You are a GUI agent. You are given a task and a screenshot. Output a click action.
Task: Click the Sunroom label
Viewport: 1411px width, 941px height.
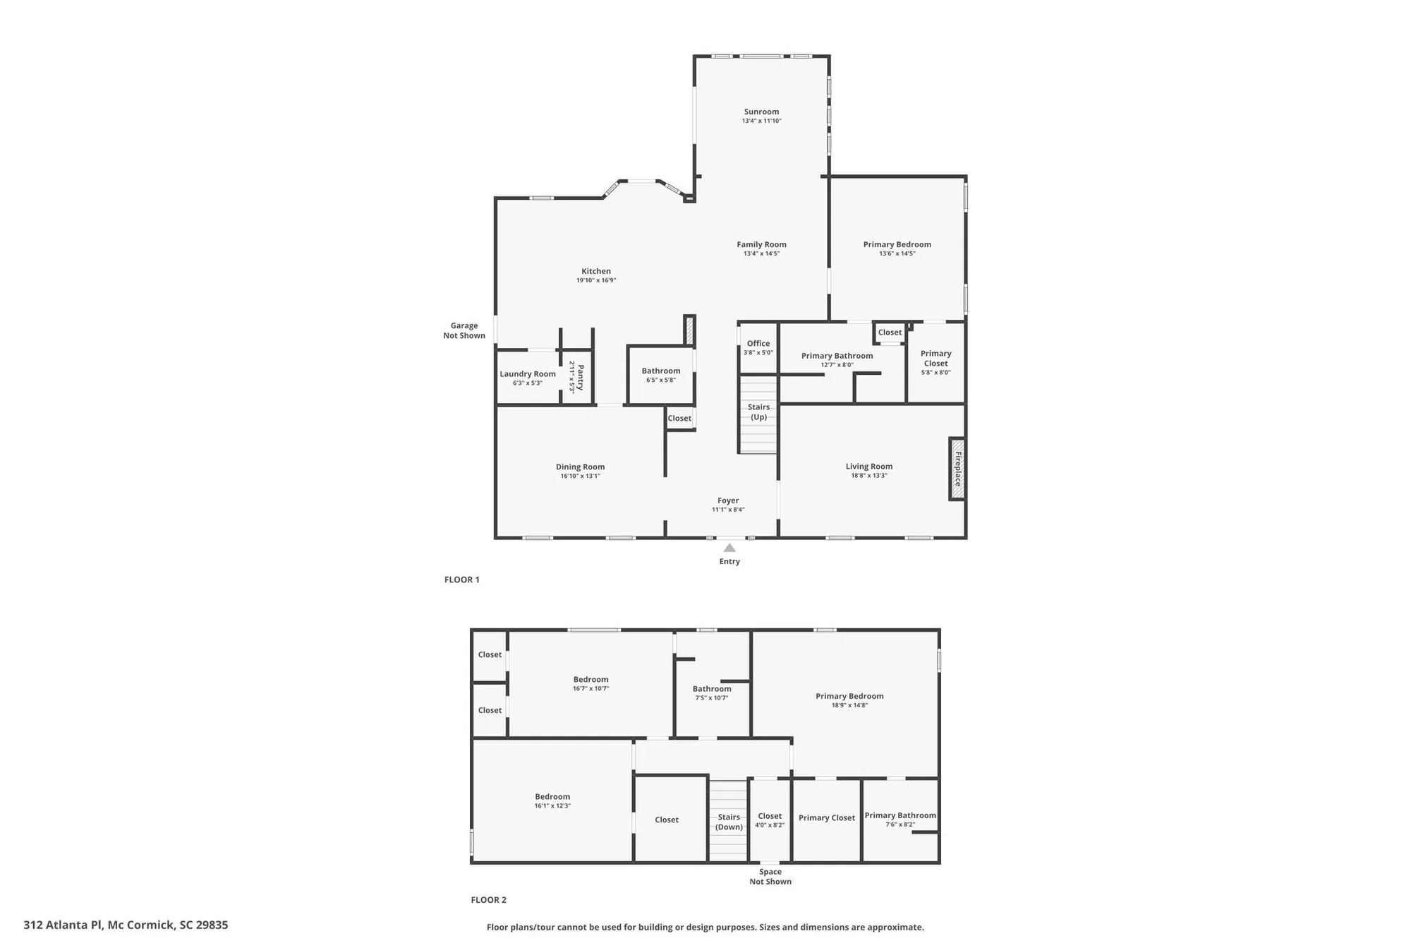tap(761, 112)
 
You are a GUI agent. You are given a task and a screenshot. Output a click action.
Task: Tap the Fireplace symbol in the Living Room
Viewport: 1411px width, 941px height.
tap(957, 469)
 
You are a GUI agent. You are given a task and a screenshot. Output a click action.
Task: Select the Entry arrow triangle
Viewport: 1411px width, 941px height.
tap(729, 548)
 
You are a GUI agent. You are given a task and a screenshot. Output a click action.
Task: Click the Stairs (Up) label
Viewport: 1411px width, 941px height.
tap(758, 412)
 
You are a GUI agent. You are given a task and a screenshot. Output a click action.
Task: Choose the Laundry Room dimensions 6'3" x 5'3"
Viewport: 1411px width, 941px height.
tap(527, 383)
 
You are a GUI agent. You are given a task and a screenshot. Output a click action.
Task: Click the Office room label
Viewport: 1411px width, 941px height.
tap(758, 344)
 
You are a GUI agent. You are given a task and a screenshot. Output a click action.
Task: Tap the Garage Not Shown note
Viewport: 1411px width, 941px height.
tap(464, 330)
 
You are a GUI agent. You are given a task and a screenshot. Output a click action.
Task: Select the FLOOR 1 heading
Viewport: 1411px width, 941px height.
tap(461, 580)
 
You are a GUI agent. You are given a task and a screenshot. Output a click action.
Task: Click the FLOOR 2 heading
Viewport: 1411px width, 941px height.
tap(488, 899)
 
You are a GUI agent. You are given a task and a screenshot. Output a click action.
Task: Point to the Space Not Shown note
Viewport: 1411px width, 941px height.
tap(770, 876)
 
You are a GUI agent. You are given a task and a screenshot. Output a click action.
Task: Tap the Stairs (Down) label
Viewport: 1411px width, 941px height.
tap(729, 822)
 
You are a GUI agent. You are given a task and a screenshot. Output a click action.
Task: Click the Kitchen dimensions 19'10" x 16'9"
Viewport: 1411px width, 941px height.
tap(596, 280)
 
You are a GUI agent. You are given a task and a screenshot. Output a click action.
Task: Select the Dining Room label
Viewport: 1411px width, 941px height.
tap(580, 467)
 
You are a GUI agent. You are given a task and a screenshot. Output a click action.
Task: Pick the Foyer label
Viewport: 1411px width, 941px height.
tap(728, 501)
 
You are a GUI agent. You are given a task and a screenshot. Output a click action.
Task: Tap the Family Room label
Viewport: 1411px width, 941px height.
tap(761, 244)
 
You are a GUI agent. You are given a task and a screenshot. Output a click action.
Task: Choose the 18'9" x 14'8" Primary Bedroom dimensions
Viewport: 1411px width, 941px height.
tap(849, 705)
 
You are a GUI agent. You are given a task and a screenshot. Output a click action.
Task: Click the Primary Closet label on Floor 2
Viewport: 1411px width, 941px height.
tap(826, 817)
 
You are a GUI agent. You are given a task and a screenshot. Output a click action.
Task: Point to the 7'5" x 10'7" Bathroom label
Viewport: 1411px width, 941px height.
tap(711, 689)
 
